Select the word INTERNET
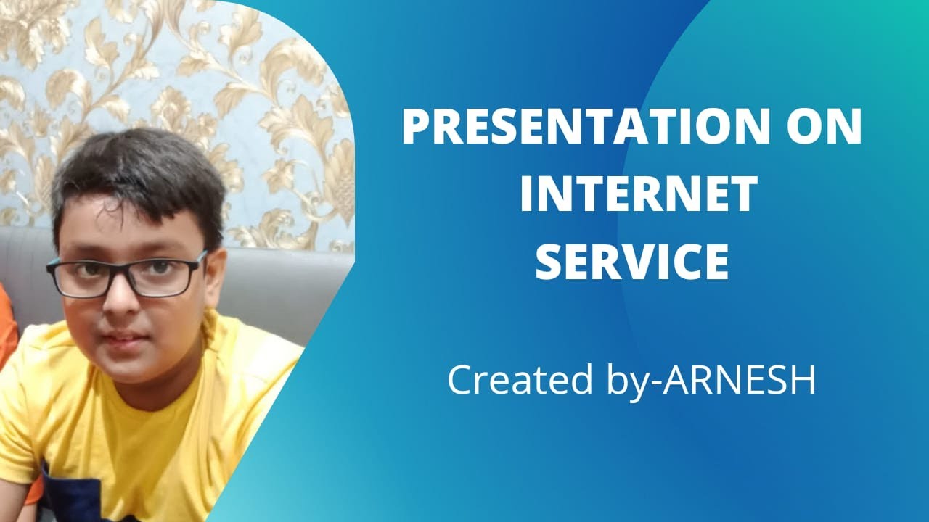tap(638, 194)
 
